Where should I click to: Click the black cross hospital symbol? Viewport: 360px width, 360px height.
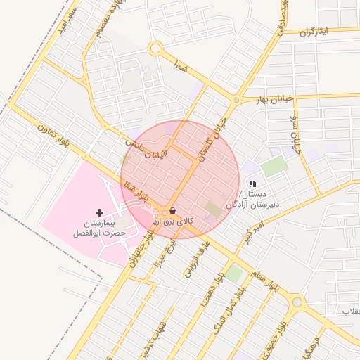pos(99,212)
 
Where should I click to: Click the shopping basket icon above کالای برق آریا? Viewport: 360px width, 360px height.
pos(173,210)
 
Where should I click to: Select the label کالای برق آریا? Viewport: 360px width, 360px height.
pos(173,221)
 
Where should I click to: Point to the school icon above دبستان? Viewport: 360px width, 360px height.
pos(252,184)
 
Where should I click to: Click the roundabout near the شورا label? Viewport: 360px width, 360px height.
pos(155,49)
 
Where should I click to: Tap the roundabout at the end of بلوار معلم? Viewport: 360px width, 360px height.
pos(297,302)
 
